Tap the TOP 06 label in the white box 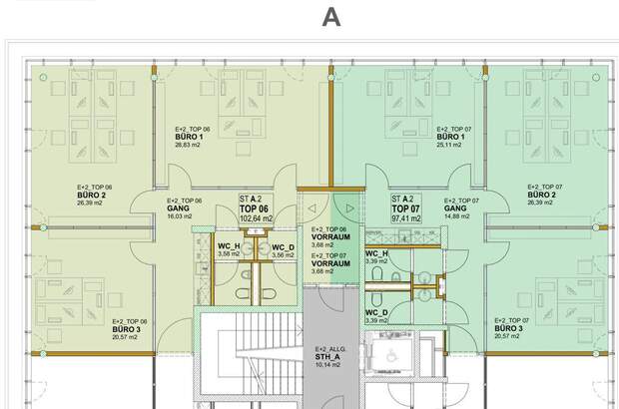pyautogui.click(x=254, y=207)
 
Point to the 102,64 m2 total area pyautogui.click(x=257, y=217)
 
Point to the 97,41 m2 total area pyautogui.click(x=406, y=217)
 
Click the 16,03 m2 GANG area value pyautogui.click(x=180, y=215)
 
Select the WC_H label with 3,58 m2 pyautogui.click(x=229, y=246)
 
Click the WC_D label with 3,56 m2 pyautogui.click(x=283, y=246)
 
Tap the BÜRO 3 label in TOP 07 pyautogui.click(x=508, y=328)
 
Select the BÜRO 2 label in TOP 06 pyautogui.click(x=96, y=195)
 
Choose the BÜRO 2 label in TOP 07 pyautogui.click(x=541, y=195)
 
